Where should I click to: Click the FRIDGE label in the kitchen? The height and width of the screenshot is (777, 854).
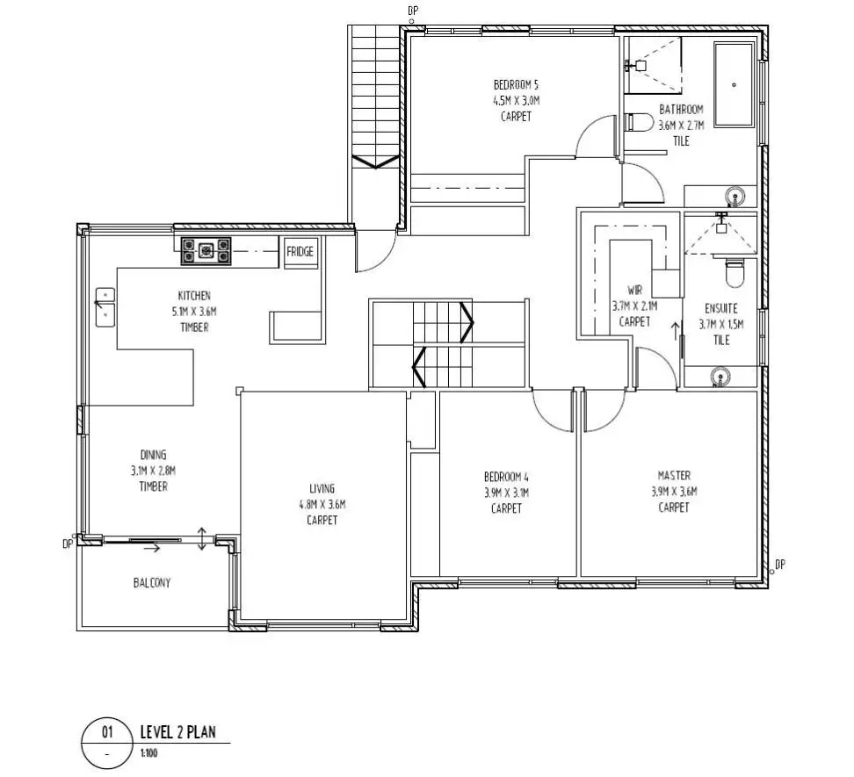click(x=300, y=252)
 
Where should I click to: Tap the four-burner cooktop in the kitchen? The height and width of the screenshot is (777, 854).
click(x=206, y=251)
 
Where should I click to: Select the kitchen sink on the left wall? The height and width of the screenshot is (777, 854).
click(x=105, y=306)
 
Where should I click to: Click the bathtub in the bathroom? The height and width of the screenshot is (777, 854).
click(x=734, y=85)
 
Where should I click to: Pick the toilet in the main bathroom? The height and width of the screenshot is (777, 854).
click(x=636, y=124)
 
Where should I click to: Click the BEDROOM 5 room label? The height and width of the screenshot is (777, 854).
click(x=516, y=85)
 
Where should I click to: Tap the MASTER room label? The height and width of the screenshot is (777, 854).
click(x=674, y=476)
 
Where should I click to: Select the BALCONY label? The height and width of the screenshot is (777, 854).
click(x=152, y=583)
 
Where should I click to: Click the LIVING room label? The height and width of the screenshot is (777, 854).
click(x=322, y=489)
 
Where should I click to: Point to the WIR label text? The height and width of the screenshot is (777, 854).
click(x=635, y=291)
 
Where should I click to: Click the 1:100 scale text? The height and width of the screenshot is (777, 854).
click(x=149, y=752)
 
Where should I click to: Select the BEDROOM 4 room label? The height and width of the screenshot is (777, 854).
click(x=506, y=478)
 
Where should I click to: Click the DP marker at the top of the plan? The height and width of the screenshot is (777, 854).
click(x=414, y=10)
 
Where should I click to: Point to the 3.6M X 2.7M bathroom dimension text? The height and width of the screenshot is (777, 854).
click(x=681, y=125)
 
